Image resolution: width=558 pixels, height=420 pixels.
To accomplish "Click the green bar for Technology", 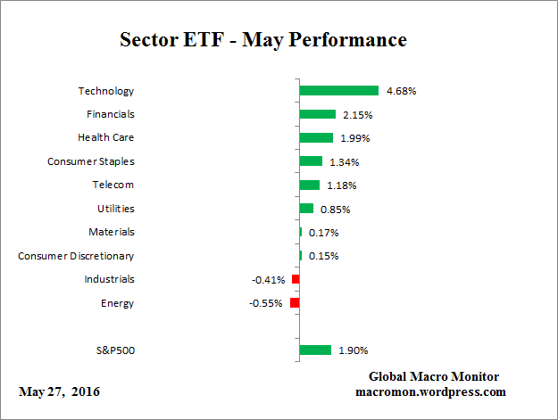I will click(x=338, y=90).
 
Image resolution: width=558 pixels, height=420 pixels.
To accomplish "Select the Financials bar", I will click(x=317, y=114).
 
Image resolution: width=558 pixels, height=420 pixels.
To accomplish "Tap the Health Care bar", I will click(x=316, y=137).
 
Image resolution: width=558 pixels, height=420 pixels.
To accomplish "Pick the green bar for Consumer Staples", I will click(x=311, y=161).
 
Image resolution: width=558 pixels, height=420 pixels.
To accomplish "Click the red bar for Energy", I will click(x=295, y=303).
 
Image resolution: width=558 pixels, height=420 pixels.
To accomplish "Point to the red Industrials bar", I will click(x=296, y=279).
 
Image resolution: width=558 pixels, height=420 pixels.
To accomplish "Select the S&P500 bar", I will click(x=315, y=350).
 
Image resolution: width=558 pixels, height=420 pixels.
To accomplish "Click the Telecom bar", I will click(x=309, y=185).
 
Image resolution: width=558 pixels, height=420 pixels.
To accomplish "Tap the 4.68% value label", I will click(x=401, y=91).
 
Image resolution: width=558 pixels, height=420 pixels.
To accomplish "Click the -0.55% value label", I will click(x=266, y=303).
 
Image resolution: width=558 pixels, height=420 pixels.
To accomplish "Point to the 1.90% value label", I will click(x=353, y=350).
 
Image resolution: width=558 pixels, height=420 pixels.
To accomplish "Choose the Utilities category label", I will click(x=115, y=209).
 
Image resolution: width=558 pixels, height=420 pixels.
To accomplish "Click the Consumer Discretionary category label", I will click(x=76, y=256).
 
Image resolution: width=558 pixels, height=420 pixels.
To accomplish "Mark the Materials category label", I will click(x=112, y=232).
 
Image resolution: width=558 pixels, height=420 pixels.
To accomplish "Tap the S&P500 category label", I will click(x=114, y=350).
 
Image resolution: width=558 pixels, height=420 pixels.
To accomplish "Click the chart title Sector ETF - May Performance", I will click(x=262, y=41).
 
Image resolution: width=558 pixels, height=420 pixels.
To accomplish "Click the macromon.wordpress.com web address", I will click(x=431, y=391).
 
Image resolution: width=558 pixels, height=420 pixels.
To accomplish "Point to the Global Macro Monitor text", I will click(x=433, y=376).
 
